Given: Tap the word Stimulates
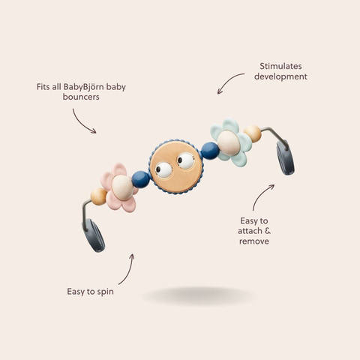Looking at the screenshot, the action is click(x=280, y=66).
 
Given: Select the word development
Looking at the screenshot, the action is click(x=280, y=76).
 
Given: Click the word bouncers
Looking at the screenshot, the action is click(x=81, y=97).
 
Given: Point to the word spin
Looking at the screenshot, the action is click(x=106, y=292).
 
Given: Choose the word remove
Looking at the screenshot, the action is click(x=254, y=241).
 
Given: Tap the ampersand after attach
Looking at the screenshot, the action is click(x=267, y=231).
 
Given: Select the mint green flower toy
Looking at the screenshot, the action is click(x=231, y=142).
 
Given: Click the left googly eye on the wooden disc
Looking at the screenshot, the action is click(x=163, y=170).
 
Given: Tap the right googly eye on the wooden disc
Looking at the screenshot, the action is click(x=186, y=161).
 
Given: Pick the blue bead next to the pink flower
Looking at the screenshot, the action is click(x=141, y=179).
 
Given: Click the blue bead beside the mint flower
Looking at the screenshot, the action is click(x=210, y=151).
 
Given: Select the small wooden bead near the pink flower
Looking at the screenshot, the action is click(x=98, y=196).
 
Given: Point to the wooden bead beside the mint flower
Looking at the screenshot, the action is click(x=253, y=133).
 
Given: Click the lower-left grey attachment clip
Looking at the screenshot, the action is click(x=94, y=235).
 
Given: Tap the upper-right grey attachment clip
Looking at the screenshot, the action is click(x=285, y=157).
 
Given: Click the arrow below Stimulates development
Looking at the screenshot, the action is click(x=228, y=80).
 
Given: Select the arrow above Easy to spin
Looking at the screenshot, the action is click(x=128, y=271).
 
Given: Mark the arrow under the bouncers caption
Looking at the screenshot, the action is click(x=82, y=123).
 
